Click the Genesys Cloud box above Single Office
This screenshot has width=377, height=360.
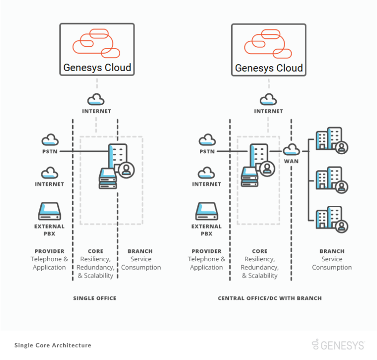tap(97, 49)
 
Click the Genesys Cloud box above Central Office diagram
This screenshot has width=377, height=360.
tap(269, 49)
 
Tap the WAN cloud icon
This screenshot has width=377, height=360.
tap(292, 149)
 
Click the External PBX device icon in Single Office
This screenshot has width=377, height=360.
tap(49, 212)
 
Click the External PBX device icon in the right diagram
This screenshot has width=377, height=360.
tap(206, 212)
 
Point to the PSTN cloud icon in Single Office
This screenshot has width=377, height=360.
tap(50, 140)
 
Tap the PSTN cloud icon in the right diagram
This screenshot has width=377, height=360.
tap(207, 140)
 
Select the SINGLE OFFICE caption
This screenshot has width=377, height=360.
tap(95, 298)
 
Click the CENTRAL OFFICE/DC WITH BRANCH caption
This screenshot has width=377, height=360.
tap(269, 298)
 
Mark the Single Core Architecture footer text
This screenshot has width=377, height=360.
tap(53, 345)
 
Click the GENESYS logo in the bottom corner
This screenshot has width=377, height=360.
tap(338, 345)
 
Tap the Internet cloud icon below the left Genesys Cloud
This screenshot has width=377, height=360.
tap(96, 100)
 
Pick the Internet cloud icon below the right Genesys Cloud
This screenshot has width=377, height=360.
tap(268, 100)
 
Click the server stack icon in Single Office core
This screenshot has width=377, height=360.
tap(108, 178)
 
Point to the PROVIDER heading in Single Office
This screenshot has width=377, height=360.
tap(49, 251)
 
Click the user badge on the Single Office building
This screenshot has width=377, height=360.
tap(127, 170)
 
